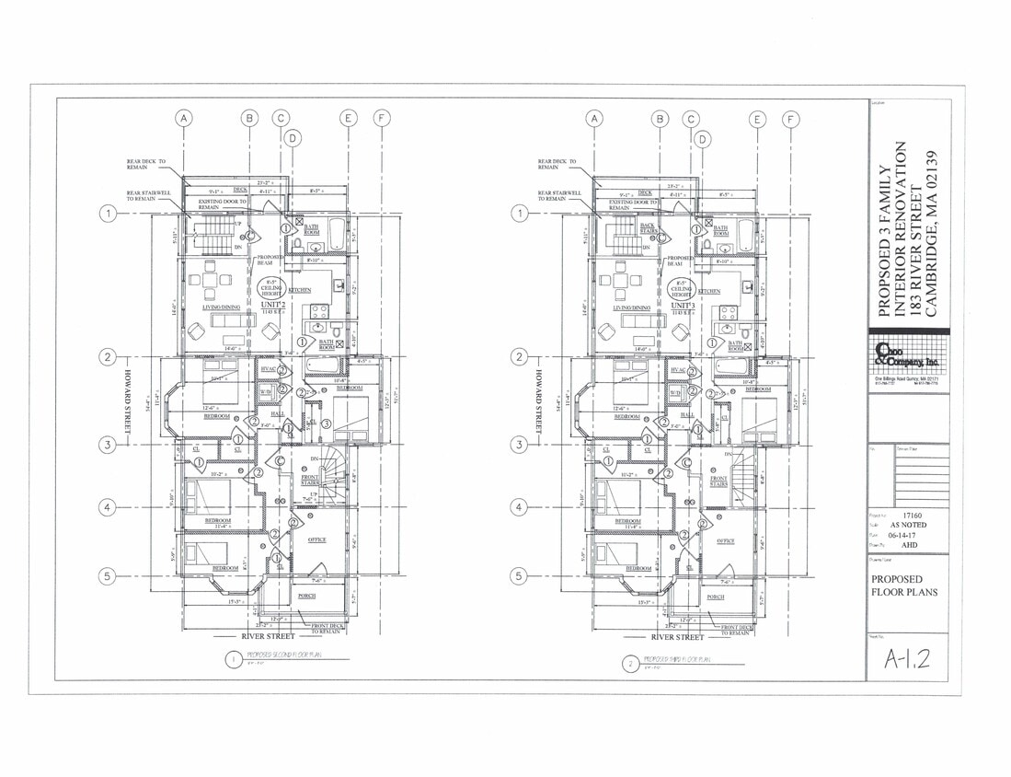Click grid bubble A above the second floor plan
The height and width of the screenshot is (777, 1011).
click(x=184, y=118)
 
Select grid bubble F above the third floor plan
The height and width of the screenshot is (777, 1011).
click(x=790, y=118)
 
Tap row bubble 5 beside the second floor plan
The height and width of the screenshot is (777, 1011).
click(x=108, y=576)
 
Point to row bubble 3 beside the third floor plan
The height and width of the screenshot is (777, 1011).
click(x=518, y=445)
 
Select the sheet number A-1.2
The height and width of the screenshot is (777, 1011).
click(x=907, y=658)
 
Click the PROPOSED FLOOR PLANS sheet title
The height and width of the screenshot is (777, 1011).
click(x=904, y=586)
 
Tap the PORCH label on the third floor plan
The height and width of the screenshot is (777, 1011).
click(x=716, y=597)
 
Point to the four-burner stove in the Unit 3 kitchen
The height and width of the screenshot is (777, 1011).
click(x=729, y=312)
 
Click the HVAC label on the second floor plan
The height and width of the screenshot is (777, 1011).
click(x=268, y=369)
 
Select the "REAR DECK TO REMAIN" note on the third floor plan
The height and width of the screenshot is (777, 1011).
click(x=557, y=164)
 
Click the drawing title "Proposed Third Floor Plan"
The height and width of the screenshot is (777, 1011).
click(x=682, y=660)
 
